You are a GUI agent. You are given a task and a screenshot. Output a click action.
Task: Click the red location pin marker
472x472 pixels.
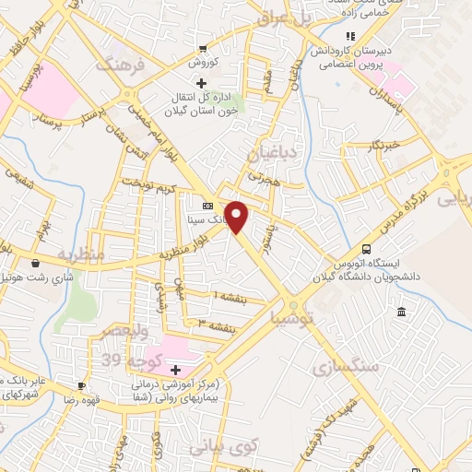point(238,217)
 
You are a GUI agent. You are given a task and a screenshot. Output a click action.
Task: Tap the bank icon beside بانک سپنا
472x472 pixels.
point(208,206)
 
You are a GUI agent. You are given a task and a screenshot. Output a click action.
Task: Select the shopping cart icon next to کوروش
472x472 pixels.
point(202,49)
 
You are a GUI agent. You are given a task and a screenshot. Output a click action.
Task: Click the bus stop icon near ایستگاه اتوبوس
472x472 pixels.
point(367,249)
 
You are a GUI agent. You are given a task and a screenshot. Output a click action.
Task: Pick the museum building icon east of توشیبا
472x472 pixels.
point(401,314)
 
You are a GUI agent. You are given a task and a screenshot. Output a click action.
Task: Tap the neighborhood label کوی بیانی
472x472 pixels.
point(224,447)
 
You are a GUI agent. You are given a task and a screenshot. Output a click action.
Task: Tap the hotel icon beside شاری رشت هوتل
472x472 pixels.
point(36,262)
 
